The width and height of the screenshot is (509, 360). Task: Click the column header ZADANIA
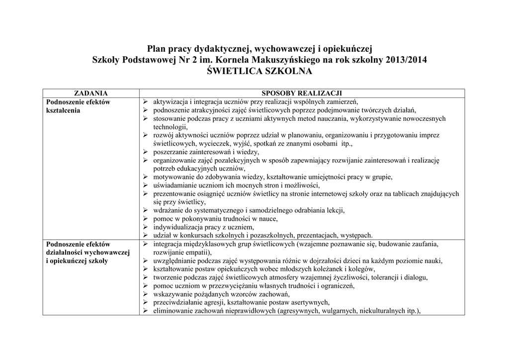90,93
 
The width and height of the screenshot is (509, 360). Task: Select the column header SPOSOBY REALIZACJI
302,93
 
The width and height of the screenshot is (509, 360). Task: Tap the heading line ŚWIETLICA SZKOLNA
259,72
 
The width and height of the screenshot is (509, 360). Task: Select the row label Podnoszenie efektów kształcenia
78,106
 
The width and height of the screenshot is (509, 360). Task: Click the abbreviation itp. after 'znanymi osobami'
343,144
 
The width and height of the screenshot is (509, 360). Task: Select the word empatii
198,252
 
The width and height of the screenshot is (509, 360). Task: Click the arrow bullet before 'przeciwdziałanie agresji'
145,302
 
